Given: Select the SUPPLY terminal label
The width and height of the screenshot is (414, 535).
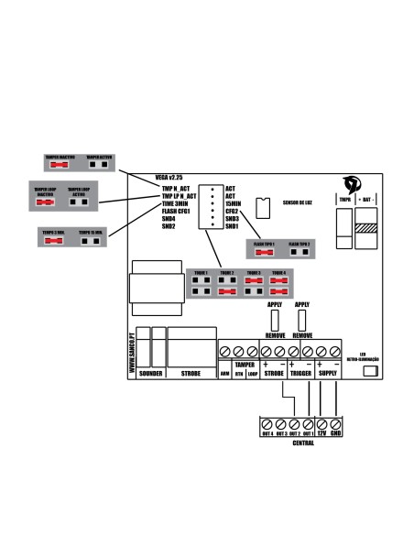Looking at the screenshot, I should click(329, 374).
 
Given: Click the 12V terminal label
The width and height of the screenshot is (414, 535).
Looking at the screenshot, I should click(321, 433).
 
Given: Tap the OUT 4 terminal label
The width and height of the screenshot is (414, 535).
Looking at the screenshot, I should click(268, 433).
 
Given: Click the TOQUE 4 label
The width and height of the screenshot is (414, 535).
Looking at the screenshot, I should click(279, 273).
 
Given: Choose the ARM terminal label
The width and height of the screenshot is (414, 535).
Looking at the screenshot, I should click(224, 374).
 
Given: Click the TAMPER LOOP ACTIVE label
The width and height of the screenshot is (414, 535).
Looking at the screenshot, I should click(79, 192).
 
